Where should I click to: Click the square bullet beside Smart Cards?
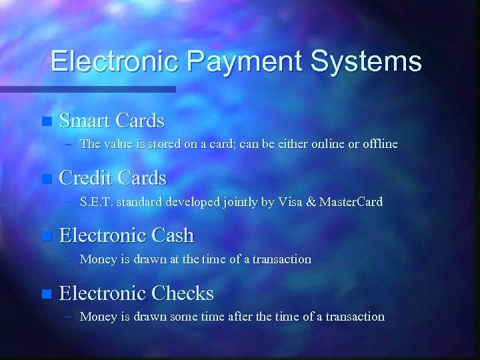pos(45,121)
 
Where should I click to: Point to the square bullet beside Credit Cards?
pos(45,179)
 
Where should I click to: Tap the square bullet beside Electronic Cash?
pos(45,236)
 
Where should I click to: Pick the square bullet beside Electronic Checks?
pos(45,293)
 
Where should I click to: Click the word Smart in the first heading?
pos(84,121)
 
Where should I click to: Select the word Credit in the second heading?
pos(86,178)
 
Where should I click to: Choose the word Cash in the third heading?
pos(172,235)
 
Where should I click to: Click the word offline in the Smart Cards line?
pos(378,143)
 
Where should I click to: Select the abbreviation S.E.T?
pos(95,201)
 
